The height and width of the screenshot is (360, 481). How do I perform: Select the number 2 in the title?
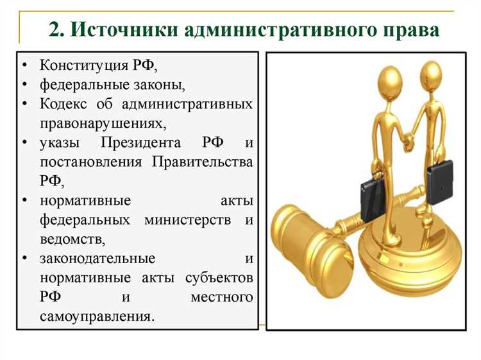[x=56, y=30]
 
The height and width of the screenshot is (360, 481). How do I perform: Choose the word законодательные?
[x=97, y=259]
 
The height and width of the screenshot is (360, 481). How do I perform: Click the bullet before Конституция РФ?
[x=24, y=66]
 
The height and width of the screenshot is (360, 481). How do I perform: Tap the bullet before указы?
[x=24, y=142]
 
